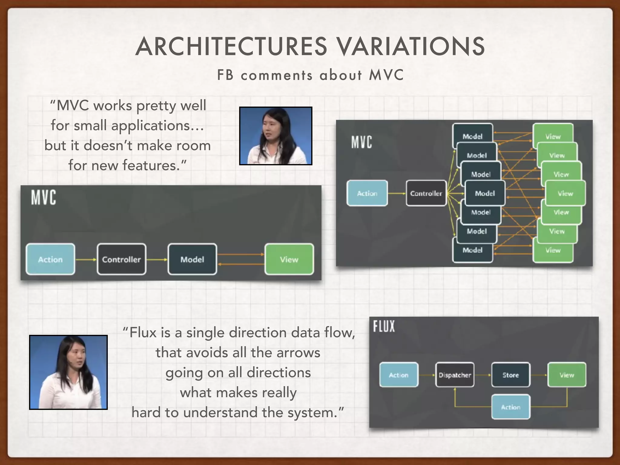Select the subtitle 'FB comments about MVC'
tap(310, 75)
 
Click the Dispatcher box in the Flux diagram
tap(455, 375)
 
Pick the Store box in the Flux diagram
tap(511, 375)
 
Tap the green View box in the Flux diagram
tap(567, 375)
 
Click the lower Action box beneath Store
tap(511, 407)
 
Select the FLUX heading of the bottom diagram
tap(384, 326)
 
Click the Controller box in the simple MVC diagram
tap(121, 259)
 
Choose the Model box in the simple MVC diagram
tap(192, 259)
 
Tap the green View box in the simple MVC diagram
tap(289, 259)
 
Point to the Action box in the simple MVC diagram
tap(50, 259)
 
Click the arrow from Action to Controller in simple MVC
tap(86, 259)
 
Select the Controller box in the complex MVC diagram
tap(426, 193)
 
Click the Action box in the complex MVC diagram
tap(367, 193)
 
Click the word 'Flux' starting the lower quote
tap(142, 332)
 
